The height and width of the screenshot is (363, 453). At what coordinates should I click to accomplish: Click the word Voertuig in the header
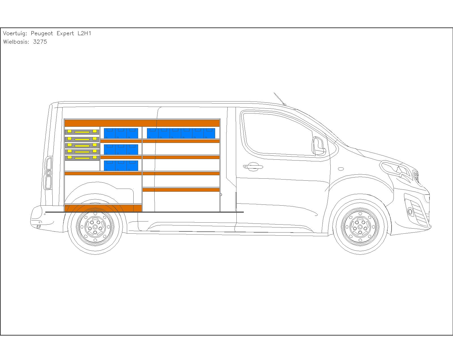(15, 33)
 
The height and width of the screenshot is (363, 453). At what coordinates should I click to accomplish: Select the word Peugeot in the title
(42, 34)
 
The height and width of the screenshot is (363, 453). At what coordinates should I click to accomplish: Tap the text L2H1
(84, 33)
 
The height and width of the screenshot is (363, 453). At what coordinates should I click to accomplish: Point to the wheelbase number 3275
(40, 42)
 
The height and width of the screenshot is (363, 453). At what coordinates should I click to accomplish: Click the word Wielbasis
(16, 42)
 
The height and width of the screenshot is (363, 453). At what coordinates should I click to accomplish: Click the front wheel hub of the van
(360, 227)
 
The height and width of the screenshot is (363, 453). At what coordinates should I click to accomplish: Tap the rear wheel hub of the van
(95, 227)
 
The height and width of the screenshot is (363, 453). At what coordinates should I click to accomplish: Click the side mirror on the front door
(319, 146)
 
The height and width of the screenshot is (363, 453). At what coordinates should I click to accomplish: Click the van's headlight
(396, 169)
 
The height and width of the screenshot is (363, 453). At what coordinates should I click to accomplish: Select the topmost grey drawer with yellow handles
(82, 132)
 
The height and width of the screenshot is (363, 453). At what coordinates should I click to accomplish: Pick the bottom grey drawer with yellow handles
(82, 158)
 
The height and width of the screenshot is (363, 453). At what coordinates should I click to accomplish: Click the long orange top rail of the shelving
(142, 123)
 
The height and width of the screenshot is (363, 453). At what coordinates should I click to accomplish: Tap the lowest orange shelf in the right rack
(181, 190)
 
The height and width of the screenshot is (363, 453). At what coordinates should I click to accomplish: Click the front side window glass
(278, 135)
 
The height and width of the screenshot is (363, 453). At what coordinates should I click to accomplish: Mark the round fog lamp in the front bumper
(410, 211)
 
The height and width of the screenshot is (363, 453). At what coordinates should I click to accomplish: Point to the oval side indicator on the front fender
(341, 169)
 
